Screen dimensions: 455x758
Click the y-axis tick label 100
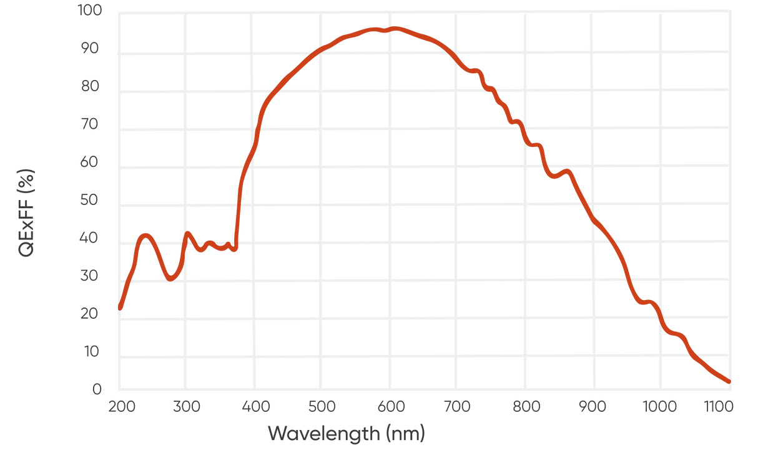click(89, 11)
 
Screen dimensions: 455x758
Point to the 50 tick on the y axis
click(92, 200)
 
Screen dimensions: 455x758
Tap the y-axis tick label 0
click(97, 390)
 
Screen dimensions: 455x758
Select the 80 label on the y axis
click(92, 86)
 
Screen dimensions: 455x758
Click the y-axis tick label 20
click(92, 314)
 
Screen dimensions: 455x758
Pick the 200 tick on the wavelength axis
click(121, 407)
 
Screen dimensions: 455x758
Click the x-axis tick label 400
click(256, 407)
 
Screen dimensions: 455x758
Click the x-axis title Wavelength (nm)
click(347, 432)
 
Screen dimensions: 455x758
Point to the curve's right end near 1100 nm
click(727, 382)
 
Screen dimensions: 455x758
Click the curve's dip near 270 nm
click(170, 277)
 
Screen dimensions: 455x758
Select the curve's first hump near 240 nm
click(145, 236)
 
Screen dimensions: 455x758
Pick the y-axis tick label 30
click(92, 276)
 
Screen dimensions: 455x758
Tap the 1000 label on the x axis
click(659, 407)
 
